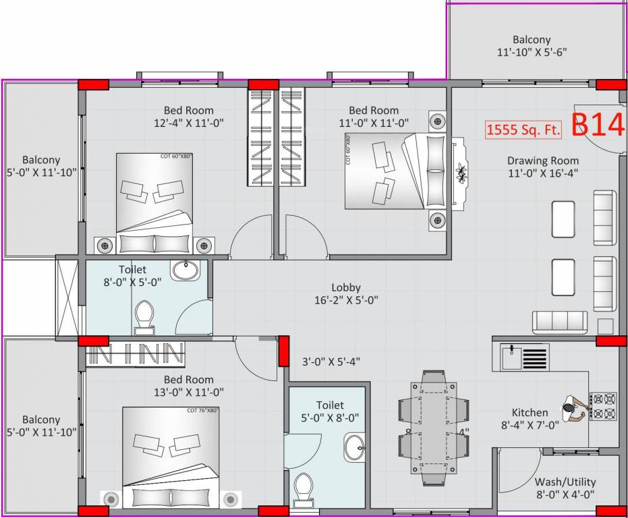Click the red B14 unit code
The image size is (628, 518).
coord(598,125)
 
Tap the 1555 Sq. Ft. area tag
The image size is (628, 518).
coord(523,130)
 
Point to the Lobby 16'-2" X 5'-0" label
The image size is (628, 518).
coord(345,293)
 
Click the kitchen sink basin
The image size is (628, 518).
coord(512,357)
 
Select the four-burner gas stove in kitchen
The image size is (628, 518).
coord(602,407)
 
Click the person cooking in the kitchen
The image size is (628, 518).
coord(574,409)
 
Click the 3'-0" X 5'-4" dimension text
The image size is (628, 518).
coord(331,362)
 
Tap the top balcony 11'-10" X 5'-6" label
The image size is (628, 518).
coord(531,46)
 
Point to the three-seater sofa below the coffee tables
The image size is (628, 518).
coord(560,321)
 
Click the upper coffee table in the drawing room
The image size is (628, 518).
coord(563,219)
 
